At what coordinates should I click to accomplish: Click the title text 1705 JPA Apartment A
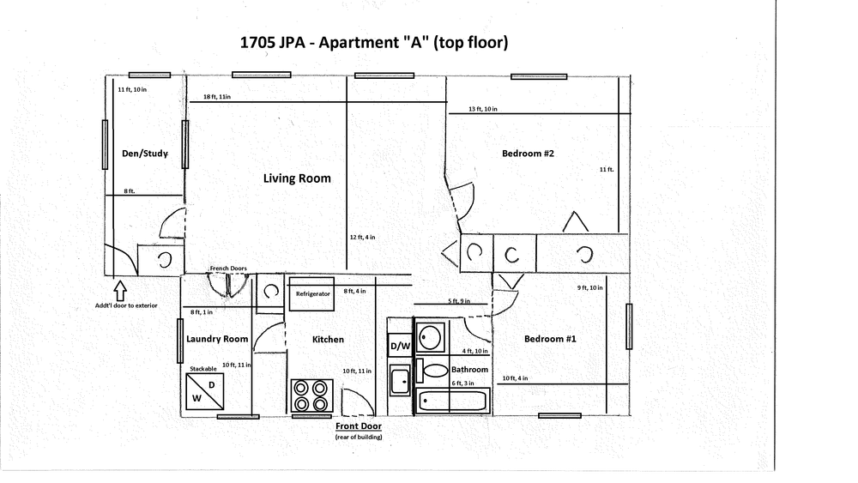coord(374,42)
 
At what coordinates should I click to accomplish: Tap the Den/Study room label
coord(144,154)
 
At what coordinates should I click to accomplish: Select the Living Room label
coord(297,178)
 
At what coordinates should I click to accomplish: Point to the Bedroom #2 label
coord(528,154)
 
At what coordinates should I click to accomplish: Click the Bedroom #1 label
coord(550,339)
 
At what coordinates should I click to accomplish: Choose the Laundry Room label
coord(217,339)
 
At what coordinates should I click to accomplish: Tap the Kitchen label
coord(328,340)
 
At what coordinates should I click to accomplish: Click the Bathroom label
coord(469,370)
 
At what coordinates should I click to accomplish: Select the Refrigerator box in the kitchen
coord(311,294)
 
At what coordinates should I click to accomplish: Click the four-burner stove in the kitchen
coord(312,395)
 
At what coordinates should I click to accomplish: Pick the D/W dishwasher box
coord(400,346)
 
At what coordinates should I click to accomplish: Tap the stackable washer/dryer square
coord(205,391)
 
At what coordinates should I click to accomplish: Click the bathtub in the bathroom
coord(452,401)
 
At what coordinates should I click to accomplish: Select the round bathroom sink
coord(431,337)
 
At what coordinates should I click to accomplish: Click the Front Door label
coord(359,426)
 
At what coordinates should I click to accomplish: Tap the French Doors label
coord(228,269)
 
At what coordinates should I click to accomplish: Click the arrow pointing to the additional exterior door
coord(120,290)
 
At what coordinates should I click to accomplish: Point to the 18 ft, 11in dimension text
coord(217,97)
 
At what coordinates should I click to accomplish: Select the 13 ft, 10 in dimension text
coord(483,109)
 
